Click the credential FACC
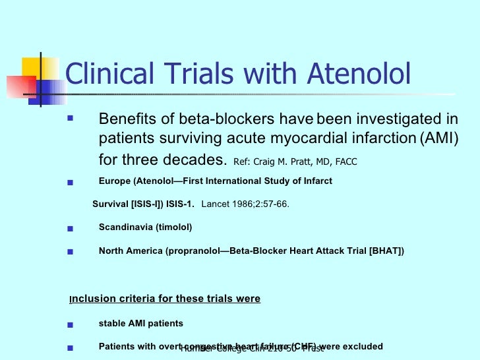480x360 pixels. [345, 162]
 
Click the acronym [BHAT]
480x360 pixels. [386, 251]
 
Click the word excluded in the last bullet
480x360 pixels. [361, 346]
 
